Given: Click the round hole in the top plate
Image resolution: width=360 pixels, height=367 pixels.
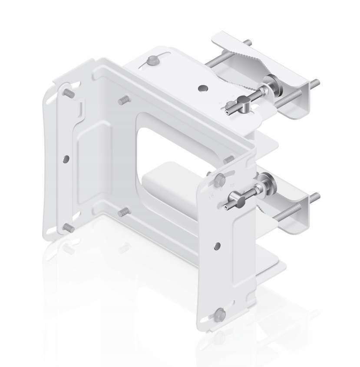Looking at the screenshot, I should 202,88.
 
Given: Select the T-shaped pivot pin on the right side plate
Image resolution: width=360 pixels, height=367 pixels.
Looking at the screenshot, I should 232,202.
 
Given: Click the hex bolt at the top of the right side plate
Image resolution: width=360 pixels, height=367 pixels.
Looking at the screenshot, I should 220,178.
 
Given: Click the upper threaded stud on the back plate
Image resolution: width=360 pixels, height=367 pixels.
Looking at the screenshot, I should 123,100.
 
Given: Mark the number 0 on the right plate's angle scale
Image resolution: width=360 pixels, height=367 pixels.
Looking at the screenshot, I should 221,189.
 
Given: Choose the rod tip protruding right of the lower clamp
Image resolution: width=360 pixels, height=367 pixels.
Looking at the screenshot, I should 316,196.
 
